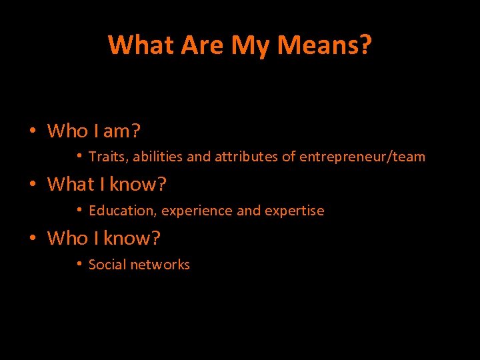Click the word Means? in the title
[x=325, y=45]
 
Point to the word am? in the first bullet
[x=121, y=131]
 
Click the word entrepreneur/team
[x=362, y=157]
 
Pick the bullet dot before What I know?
[x=32, y=183]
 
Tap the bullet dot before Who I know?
[x=32, y=237]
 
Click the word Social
[x=107, y=265]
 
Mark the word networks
[x=160, y=265]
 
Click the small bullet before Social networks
[x=79, y=263]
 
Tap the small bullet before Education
[x=79, y=209]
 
